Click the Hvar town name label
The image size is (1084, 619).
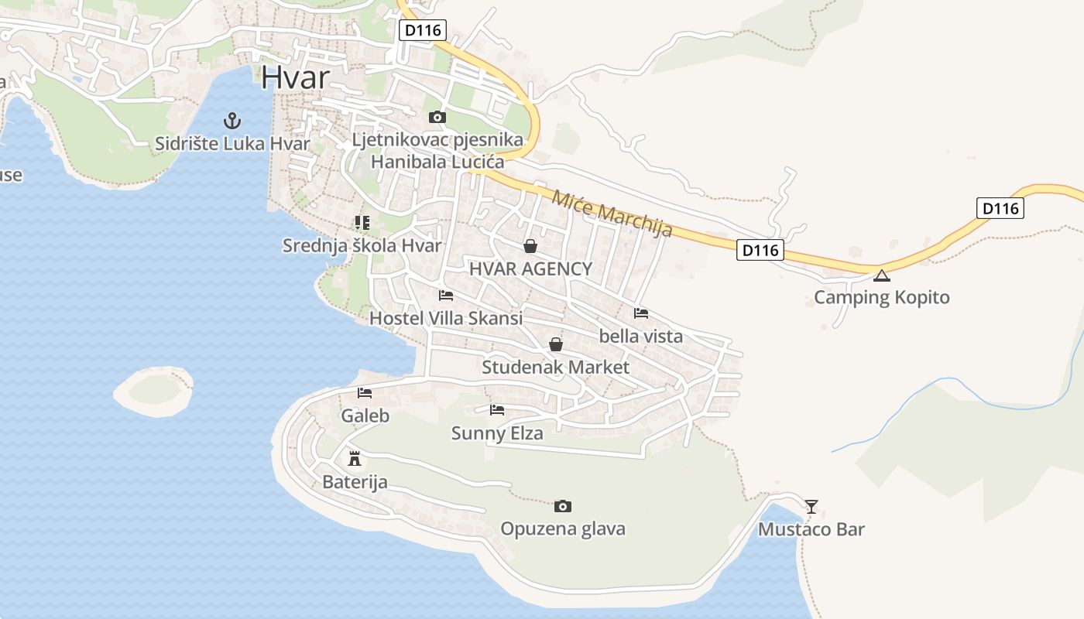296,77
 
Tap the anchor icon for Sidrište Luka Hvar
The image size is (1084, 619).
232,121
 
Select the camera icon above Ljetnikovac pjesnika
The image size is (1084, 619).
437,117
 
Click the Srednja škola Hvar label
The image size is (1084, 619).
362,246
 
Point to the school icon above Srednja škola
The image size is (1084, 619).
362,223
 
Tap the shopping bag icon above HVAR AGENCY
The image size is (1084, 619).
530,246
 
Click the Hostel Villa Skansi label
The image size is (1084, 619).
446,318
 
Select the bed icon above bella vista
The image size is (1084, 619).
641,313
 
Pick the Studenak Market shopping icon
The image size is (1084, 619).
556,344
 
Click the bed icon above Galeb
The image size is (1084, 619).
365,393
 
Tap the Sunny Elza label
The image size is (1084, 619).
497,433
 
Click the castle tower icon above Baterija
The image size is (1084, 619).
355,459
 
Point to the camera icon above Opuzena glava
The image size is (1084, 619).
563,506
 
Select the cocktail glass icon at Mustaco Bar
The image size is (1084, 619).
811,507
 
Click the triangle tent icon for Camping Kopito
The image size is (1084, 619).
881,275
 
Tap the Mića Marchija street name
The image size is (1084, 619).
612,214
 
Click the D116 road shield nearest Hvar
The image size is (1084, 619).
424,31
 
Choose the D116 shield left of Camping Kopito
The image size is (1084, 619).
760,250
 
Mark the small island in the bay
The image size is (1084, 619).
153,391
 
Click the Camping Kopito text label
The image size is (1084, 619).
881,297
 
